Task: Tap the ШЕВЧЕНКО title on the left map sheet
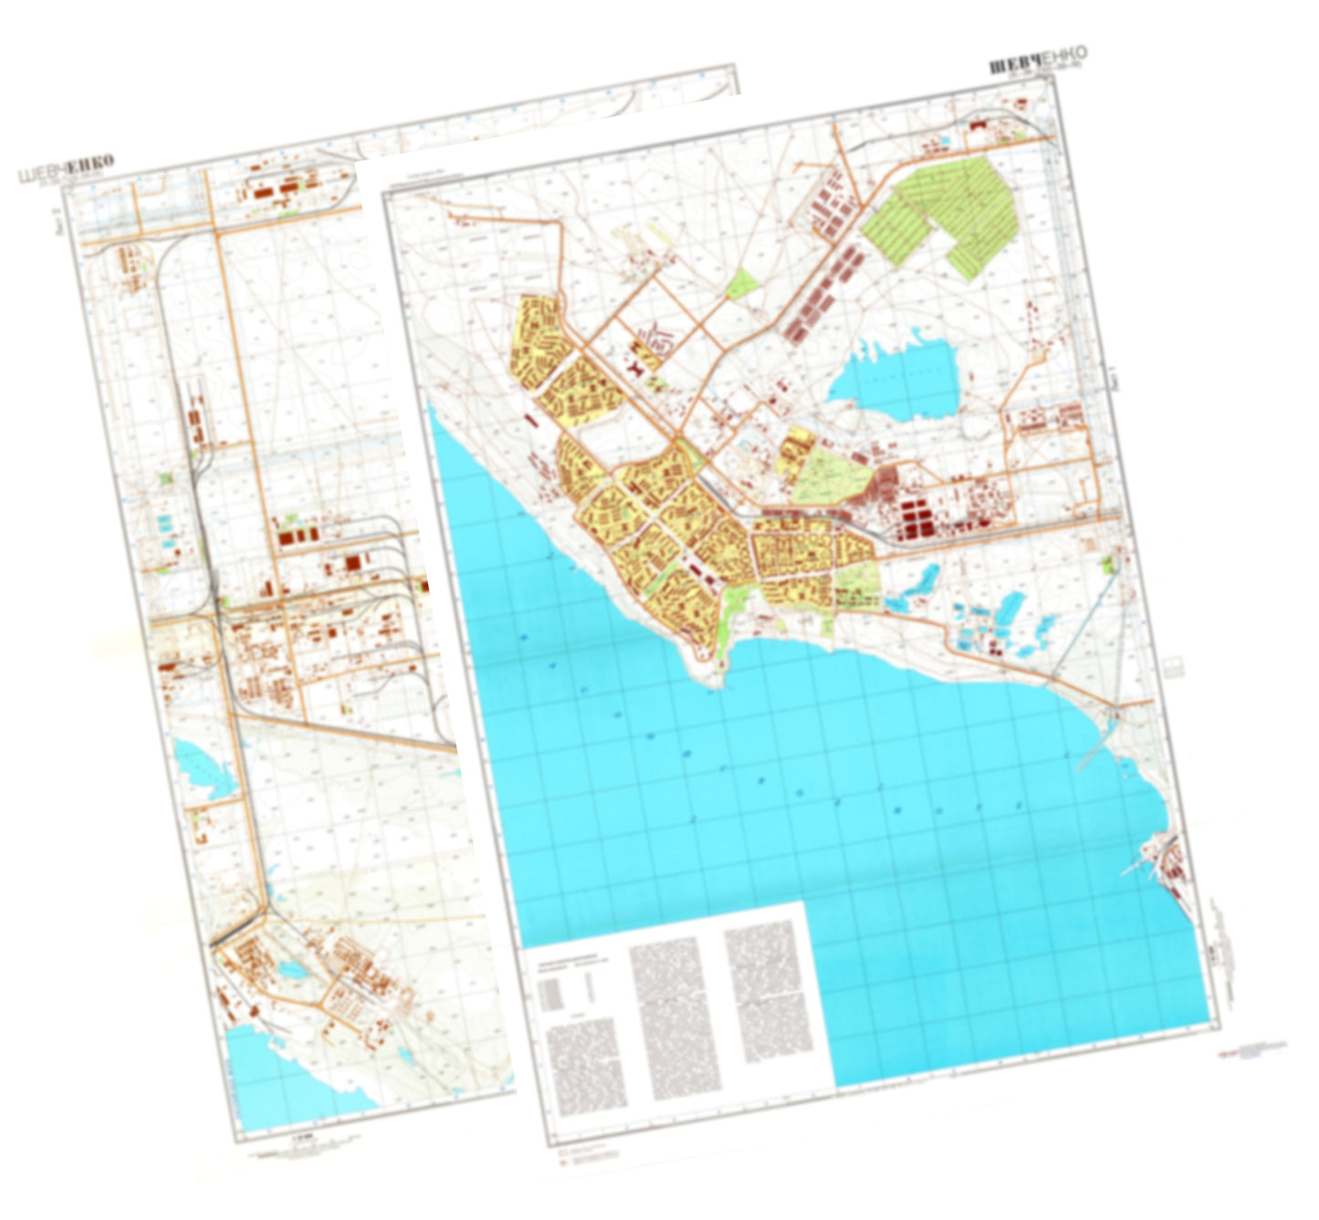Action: click(66, 169)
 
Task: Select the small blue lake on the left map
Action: click(205, 766)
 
